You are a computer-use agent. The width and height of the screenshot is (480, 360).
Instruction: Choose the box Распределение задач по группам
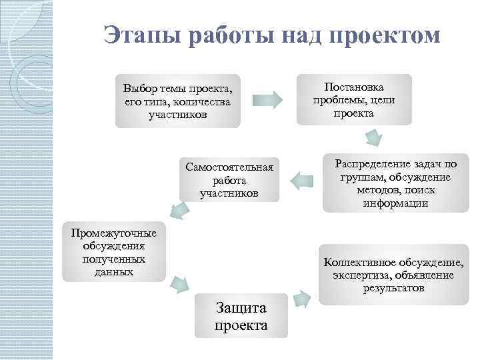coord(395,183)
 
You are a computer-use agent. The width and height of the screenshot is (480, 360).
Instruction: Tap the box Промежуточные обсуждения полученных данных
coord(114,251)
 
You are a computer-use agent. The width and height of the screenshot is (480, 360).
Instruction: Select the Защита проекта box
coord(241,316)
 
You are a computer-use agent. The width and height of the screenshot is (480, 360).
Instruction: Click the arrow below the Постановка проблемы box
coord(373,138)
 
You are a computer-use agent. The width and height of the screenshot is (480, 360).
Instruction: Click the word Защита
coord(241,307)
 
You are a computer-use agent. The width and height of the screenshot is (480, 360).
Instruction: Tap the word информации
coord(395,203)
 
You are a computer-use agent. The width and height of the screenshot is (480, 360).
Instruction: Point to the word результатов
coord(393,289)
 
